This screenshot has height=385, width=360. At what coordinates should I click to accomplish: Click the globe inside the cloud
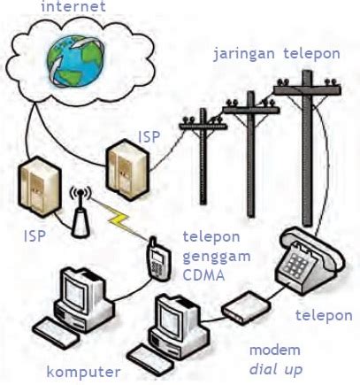(x=75, y=60)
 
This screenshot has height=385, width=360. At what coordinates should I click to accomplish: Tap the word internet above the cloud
(x=73, y=6)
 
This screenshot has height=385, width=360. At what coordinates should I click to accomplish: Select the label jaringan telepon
(x=277, y=55)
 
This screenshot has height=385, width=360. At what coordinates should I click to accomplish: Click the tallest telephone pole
(x=307, y=148)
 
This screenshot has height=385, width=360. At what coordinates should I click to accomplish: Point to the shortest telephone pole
(x=203, y=157)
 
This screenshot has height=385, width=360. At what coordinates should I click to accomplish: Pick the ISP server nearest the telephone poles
(x=127, y=170)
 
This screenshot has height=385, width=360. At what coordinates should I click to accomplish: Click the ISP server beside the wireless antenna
(x=39, y=187)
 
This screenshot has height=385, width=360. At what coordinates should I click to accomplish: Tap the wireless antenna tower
(x=80, y=214)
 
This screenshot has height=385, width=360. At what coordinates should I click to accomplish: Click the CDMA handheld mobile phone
(x=158, y=258)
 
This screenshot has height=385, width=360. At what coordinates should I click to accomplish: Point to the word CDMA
(x=203, y=275)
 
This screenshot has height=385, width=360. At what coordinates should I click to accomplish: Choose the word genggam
(x=217, y=258)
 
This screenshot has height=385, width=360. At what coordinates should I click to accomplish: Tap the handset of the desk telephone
(x=312, y=246)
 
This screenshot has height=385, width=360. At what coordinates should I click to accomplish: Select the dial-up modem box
(x=246, y=307)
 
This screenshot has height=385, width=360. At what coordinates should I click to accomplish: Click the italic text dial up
(x=276, y=369)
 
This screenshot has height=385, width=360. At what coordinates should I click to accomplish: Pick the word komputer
(x=83, y=373)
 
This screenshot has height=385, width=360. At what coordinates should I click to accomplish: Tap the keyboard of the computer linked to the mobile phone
(x=56, y=334)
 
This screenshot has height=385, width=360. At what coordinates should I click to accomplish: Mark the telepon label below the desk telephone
(x=324, y=316)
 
